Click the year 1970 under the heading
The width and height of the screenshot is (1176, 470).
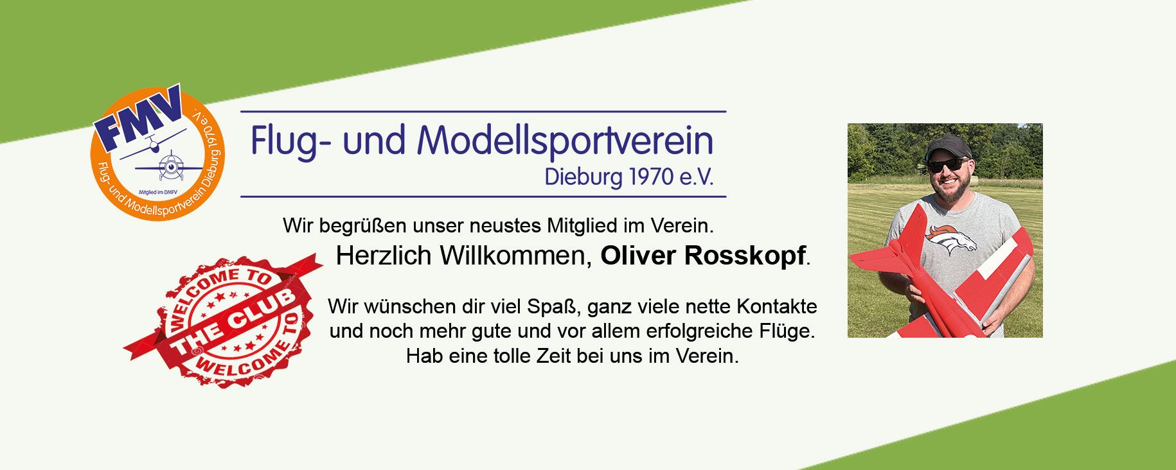click(x=650, y=177)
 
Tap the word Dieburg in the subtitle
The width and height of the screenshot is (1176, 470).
click(x=583, y=178)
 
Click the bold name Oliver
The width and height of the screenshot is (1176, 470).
click(x=637, y=256)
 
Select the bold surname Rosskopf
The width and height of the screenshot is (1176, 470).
click(x=744, y=256)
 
